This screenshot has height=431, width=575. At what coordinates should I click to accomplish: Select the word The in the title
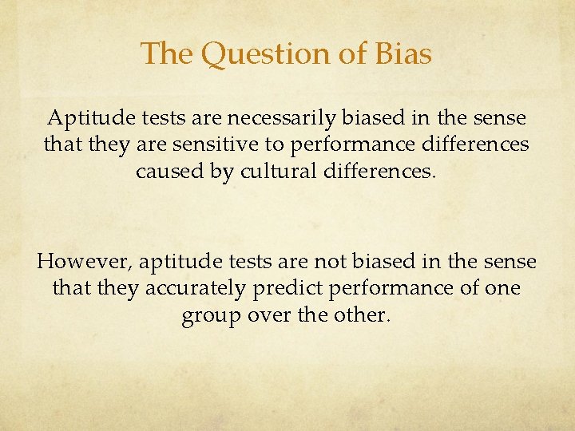pos(168,54)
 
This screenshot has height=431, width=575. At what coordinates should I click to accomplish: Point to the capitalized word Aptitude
pos(90,119)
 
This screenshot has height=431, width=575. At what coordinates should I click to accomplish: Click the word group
pos(209,316)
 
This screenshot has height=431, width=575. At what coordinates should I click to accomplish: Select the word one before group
pos(502,288)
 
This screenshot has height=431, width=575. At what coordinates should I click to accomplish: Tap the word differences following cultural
pos(370,172)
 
